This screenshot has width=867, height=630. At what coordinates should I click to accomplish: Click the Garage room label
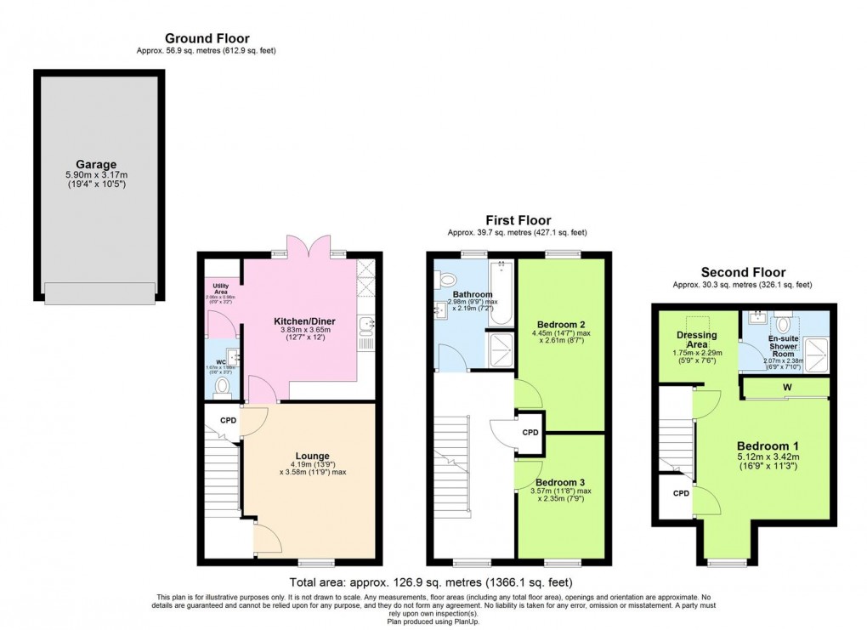click(x=95, y=164)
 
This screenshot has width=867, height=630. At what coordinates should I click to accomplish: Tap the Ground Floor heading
click(x=207, y=38)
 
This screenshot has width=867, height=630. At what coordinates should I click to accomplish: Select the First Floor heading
click(x=518, y=220)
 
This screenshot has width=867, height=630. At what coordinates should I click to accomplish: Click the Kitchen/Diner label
click(x=303, y=321)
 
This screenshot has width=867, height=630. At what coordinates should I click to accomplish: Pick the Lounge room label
click(x=313, y=456)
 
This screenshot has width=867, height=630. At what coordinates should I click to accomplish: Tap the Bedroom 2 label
click(x=560, y=324)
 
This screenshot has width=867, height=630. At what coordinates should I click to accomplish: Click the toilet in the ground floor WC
click(x=223, y=388)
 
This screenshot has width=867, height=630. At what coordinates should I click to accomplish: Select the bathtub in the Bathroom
click(x=502, y=293)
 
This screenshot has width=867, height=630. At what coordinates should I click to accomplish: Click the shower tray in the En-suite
click(x=814, y=354)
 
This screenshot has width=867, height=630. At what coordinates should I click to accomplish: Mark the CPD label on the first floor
click(x=530, y=432)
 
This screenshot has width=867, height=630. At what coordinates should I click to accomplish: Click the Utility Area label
click(x=221, y=287)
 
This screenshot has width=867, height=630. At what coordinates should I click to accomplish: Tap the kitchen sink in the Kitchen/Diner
click(x=365, y=323)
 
